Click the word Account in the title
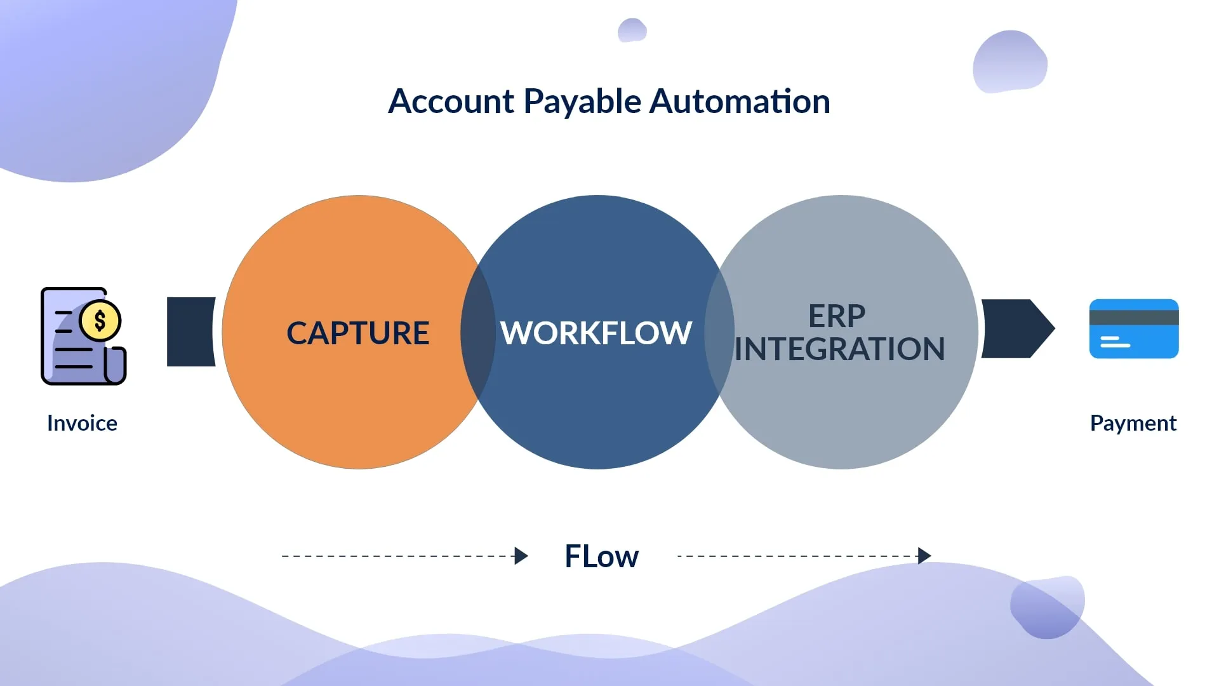[x=451, y=102]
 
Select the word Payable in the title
[x=582, y=102]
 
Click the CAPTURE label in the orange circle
[x=358, y=333]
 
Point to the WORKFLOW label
[x=596, y=333]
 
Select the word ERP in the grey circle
[x=837, y=316]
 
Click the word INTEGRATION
[x=839, y=349]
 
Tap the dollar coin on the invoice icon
[x=100, y=321]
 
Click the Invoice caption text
[x=82, y=423]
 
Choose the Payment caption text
[x=1133, y=423]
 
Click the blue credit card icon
[x=1134, y=337]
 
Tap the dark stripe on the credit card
[x=1134, y=318]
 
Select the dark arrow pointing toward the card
[x=1016, y=328]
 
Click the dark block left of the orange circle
[x=190, y=332]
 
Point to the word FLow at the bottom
[x=601, y=556]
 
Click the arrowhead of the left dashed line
[x=521, y=556]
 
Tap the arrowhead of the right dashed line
[x=924, y=556]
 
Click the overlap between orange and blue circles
[x=478, y=332]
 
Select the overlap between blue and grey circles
[x=719, y=332]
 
